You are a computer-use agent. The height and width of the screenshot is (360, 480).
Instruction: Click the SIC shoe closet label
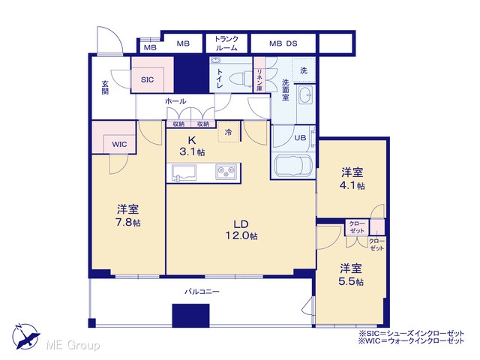(x=147, y=80)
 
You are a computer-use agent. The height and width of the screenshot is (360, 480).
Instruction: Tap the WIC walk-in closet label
(x=119, y=144)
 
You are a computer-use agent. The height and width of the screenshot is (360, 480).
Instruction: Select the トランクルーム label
(x=226, y=43)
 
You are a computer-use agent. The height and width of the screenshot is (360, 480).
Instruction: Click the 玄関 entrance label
(x=105, y=87)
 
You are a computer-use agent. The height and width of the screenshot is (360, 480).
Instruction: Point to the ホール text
(x=175, y=101)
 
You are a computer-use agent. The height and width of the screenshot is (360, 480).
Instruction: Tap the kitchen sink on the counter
(x=184, y=173)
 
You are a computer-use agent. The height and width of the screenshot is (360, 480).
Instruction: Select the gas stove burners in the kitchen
(x=226, y=172)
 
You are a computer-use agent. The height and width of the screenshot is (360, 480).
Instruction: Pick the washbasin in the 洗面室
(x=305, y=95)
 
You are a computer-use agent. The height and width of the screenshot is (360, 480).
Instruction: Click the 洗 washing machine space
(x=304, y=70)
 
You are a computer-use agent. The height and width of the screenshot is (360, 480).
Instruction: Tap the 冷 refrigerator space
(x=228, y=132)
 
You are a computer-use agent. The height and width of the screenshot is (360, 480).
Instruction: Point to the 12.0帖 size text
(x=241, y=236)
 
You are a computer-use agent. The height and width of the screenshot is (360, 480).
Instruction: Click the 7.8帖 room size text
(x=128, y=222)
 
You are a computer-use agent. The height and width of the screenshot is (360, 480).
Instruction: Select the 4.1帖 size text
(x=352, y=185)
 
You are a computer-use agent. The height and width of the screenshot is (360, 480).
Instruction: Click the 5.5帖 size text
(x=351, y=281)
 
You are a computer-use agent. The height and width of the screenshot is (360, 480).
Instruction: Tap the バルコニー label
(x=202, y=292)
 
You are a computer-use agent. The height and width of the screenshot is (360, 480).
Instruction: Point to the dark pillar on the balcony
(x=190, y=316)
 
